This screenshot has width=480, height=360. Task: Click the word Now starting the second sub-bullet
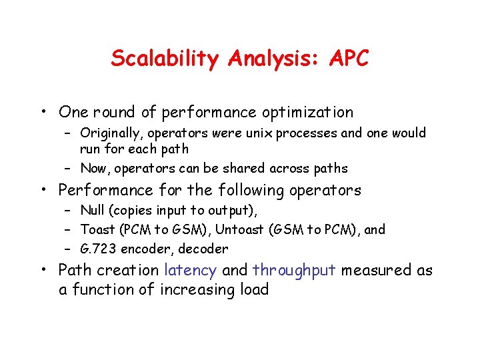(93, 169)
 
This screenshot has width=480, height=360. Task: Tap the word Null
(93, 210)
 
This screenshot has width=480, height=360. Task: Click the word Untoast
(249, 229)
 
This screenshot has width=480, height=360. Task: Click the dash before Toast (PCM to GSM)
(68, 229)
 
